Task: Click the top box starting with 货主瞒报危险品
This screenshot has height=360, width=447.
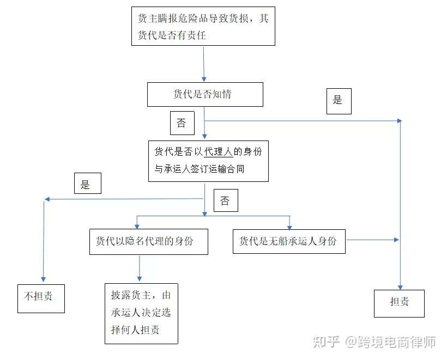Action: tap(203, 26)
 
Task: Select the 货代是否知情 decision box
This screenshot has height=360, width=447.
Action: tap(205, 94)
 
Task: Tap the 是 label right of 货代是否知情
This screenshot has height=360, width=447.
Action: tap(339, 100)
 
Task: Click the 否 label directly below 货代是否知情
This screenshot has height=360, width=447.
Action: tap(182, 123)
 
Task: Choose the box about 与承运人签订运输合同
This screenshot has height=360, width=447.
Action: tap(208, 161)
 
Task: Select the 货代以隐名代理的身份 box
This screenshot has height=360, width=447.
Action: tap(148, 241)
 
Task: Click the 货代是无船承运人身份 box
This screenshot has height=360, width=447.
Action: tap(289, 241)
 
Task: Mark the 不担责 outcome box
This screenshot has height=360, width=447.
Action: tap(41, 298)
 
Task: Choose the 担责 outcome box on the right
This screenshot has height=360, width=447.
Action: tap(399, 303)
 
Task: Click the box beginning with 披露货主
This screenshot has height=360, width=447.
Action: tap(141, 313)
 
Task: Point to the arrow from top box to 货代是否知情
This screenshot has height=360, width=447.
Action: tap(204, 64)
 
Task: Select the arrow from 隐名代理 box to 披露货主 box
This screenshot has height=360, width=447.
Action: tap(140, 268)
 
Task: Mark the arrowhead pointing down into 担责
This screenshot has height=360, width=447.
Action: tap(400, 286)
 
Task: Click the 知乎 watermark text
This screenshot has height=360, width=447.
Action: tap(325, 341)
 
